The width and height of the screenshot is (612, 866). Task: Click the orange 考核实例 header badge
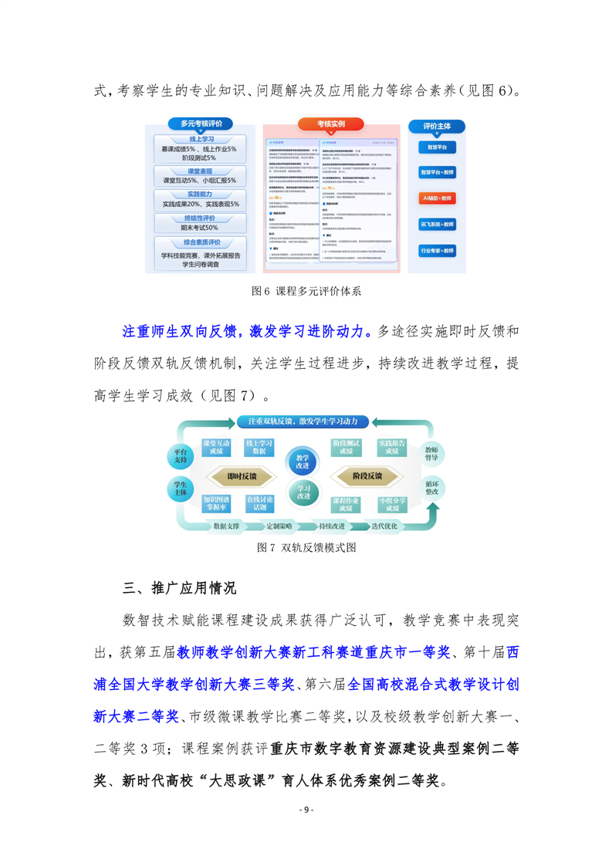click(x=331, y=124)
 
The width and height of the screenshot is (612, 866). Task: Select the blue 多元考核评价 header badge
click(x=201, y=123)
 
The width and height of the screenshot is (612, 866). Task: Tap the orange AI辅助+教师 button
click(x=436, y=198)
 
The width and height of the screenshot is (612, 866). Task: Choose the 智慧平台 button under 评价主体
click(x=436, y=147)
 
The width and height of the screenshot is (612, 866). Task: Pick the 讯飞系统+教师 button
click(x=436, y=225)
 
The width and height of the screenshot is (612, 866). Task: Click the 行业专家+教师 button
click(x=436, y=251)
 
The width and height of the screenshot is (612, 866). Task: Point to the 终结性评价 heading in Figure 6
click(x=201, y=219)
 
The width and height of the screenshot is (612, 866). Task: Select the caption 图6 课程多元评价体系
click(x=306, y=292)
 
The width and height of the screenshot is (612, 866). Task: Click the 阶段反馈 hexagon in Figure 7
click(x=367, y=476)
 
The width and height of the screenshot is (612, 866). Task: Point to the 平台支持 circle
click(x=180, y=456)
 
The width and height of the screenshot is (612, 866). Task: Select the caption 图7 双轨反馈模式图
click(x=306, y=547)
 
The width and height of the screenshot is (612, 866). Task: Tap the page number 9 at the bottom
click(x=306, y=809)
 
